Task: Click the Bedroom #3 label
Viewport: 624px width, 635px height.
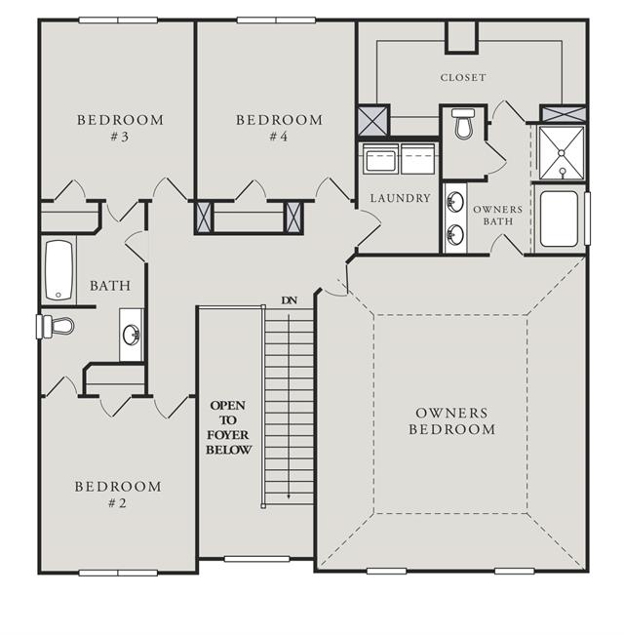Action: [120, 128]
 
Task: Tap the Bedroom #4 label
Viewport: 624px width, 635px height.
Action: [279, 128]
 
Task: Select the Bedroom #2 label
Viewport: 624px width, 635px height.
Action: [118, 495]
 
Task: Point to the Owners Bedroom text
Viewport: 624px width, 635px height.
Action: [451, 421]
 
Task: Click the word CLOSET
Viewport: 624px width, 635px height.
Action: [463, 77]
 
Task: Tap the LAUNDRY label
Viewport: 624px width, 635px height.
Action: [400, 198]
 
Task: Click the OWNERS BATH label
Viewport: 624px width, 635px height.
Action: [498, 216]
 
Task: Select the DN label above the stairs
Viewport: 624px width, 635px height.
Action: [289, 300]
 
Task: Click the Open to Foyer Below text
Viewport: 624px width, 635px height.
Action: [229, 427]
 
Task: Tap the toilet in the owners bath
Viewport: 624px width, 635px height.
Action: [463, 123]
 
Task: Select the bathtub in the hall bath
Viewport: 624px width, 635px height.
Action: [59, 270]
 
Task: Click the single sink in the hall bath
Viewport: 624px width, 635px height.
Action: [132, 335]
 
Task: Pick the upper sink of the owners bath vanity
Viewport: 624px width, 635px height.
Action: [455, 202]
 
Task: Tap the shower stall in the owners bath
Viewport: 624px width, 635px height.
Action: [562, 152]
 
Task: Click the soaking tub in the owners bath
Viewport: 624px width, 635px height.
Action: [559, 219]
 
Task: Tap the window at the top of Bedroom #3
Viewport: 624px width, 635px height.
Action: [118, 20]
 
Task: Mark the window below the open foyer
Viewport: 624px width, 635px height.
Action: [257, 559]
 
